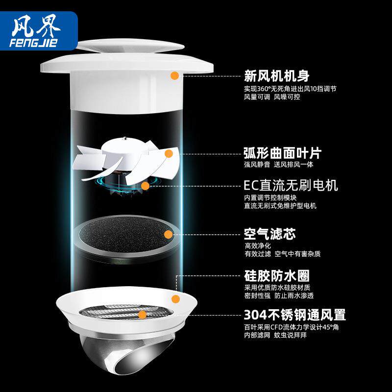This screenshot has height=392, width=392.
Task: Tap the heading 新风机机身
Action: (x=277, y=76)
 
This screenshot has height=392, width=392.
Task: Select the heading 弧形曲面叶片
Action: (x=283, y=153)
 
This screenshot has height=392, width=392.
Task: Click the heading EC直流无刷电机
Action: (x=291, y=186)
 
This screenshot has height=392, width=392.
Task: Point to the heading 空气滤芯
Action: (x=270, y=233)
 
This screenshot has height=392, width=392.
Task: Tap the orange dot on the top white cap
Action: (x=174, y=75)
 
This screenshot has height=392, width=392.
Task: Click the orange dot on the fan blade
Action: (x=169, y=153)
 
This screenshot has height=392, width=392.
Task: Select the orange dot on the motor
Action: (x=145, y=186)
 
